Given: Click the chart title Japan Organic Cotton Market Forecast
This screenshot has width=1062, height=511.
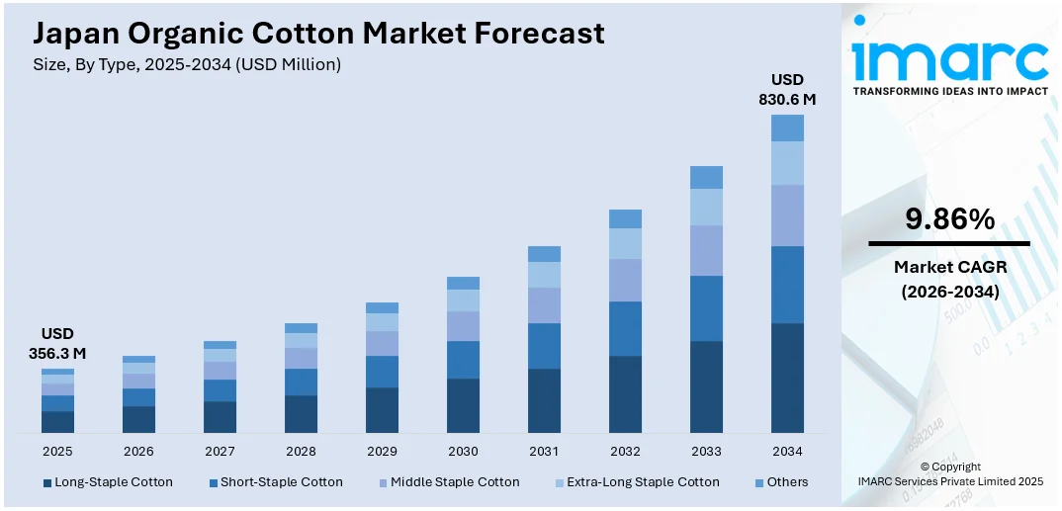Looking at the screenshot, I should pos(318,34).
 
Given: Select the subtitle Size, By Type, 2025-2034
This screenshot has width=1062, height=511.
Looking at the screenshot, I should pos(187,64).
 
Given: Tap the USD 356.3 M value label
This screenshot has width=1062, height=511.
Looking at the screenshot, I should pos(57,343).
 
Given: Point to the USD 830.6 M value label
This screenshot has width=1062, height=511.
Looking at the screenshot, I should pos(787,89).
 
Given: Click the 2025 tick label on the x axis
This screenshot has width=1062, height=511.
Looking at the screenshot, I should pos(57,451).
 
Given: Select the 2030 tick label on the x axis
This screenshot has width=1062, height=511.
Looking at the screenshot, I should pos(463,451).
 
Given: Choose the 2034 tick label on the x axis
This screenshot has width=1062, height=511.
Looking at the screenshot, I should pos(787,451).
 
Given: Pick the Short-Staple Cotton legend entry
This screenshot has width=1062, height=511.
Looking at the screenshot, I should pos(277,482).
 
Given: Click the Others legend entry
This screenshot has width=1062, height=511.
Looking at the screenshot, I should pos(781,482).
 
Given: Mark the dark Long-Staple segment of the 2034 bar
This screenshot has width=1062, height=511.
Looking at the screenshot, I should pos(787,378).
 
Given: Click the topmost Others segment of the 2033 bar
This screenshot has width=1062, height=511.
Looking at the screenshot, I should pos(706,177).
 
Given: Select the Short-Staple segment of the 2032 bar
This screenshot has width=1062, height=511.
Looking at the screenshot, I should pos(625,328).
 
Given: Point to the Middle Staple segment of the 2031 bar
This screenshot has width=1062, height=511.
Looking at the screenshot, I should pos(544,305).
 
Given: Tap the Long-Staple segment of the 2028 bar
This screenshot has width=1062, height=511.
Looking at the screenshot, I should pos(301,413).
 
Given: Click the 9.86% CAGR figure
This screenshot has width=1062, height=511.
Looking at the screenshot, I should pos(949,219).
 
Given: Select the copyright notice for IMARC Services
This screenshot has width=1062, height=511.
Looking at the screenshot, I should pos(949,474).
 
